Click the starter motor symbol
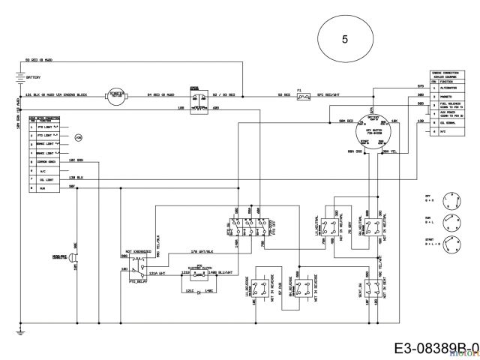[116, 95]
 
